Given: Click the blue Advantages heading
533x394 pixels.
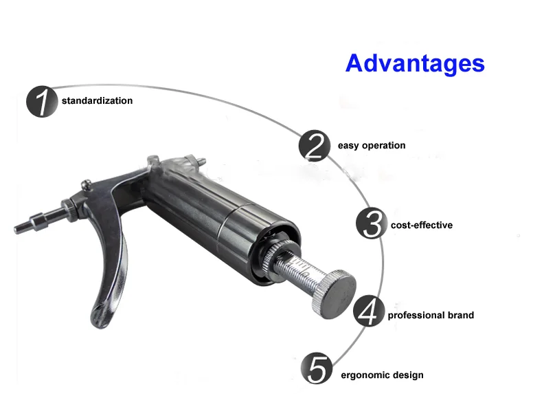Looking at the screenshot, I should click(x=415, y=63).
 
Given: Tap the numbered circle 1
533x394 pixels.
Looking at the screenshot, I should click(x=42, y=102).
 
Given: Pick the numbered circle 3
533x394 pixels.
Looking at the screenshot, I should click(x=372, y=225).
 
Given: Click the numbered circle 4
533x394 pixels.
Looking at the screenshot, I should click(x=369, y=313).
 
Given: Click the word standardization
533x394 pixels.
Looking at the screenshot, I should click(x=97, y=101).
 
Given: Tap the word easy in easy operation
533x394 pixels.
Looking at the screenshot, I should click(x=348, y=146).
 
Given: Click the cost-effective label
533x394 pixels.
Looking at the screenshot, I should click(x=422, y=226).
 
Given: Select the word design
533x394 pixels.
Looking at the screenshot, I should click(x=407, y=375).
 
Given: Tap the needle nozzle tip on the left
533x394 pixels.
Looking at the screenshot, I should click(x=22, y=226).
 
